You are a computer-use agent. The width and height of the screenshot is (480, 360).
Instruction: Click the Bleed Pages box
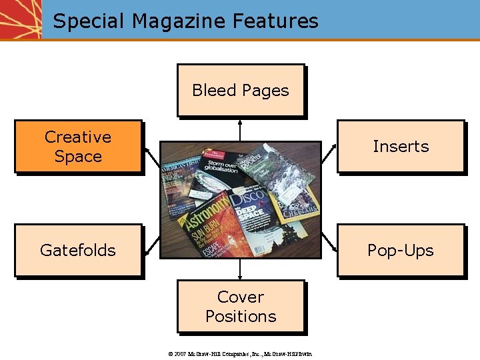pyautogui.click(x=241, y=90)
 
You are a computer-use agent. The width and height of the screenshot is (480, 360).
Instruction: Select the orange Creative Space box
pyautogui.click(x=78, y=147)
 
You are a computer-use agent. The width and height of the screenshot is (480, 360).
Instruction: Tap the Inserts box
pyautogui.click(x=400, y=147)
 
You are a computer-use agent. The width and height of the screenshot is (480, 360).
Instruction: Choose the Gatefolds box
pyautogui.click(x=78, y=250)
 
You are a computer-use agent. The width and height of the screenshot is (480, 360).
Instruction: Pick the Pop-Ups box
pyautogui.click(x=400, y=250)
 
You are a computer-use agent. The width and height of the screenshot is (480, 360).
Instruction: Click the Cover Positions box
pyautogui.click(x=241, y=306)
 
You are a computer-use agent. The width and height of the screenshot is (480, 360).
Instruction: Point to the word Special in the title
pyautogui.click(x=89, y=21)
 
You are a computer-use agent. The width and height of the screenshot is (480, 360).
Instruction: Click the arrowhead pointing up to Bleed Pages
pyautogui.click(x=240, y=122)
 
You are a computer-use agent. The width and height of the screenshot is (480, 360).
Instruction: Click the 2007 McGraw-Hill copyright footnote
pyautogui.click(x=241, y=353)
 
